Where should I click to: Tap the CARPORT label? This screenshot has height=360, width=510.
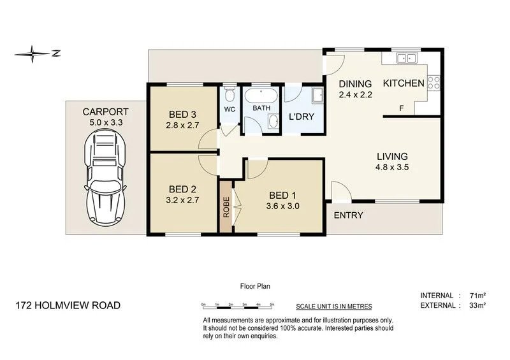pos(106,112)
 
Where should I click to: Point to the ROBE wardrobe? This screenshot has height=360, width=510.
pos(226,207)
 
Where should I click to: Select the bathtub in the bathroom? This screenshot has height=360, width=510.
pos(261,98)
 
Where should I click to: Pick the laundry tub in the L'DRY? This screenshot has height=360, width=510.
pos(316,98)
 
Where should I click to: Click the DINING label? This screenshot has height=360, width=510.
pos(355,84)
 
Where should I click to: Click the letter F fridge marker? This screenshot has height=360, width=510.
pos(401,108)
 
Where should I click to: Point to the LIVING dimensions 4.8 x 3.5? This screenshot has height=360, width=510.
pos(391,168)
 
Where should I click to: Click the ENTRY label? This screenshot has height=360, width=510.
pos(348,215)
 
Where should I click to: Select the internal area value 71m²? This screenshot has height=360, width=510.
pos(478,295)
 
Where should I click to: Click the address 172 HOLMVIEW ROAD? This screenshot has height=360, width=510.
pos(68,305)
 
